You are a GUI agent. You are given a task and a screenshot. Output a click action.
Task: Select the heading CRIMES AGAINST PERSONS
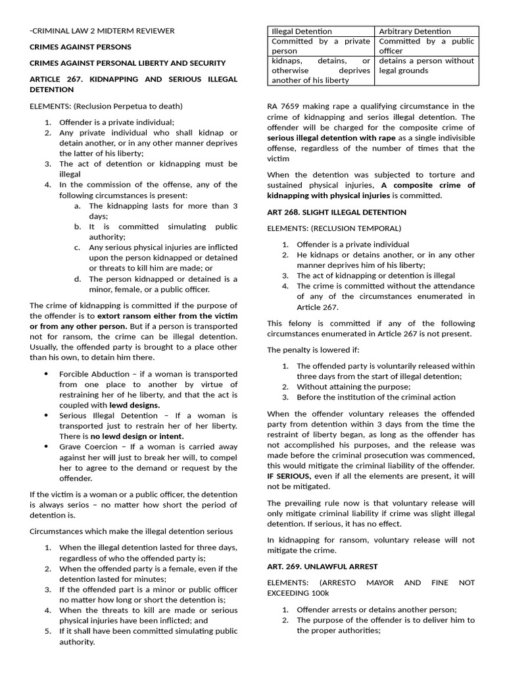coord(80,47)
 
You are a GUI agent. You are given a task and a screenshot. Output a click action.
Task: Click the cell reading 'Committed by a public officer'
coord(426,45)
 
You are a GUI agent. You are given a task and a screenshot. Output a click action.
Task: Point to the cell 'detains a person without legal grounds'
coord(426,65)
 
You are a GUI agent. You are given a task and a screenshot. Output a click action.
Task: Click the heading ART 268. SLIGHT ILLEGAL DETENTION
coord(337,212)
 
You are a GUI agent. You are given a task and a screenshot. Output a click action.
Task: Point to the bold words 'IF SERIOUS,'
coord(290,475)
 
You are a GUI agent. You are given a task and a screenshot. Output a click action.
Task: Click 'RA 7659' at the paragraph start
coord(282,106)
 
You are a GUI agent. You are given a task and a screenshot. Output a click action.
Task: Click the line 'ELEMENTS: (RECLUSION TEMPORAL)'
coord(334,228)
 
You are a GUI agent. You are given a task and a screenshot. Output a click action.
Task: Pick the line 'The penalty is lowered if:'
coord(313,350)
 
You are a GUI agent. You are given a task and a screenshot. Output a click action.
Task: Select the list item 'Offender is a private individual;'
coord(117,122)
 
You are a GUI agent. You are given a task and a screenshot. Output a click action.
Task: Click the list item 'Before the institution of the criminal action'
coord(385,397)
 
